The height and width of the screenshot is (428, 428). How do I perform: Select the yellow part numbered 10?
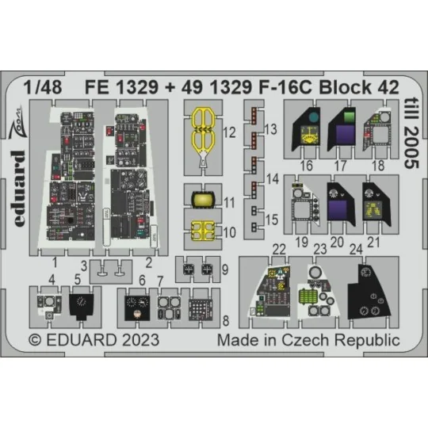pyautogui.click(x=202, y=231)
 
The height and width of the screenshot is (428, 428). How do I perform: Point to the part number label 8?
pyautogui.click(x=227, y=321)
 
